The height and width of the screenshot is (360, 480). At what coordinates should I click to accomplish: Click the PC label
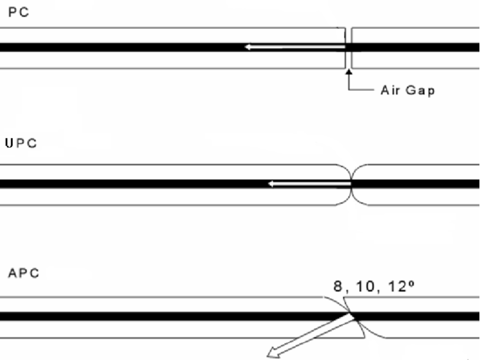19,12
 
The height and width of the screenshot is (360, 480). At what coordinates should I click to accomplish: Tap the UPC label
21,143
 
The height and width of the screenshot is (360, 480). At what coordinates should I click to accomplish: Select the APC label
24,273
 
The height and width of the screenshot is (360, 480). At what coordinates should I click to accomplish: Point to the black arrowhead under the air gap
348,72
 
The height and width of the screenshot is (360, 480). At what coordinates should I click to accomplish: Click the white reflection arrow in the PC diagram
295,47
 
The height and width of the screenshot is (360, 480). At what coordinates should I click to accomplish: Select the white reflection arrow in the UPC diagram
309,184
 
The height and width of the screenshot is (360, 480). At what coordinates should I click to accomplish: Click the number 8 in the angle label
337,286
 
